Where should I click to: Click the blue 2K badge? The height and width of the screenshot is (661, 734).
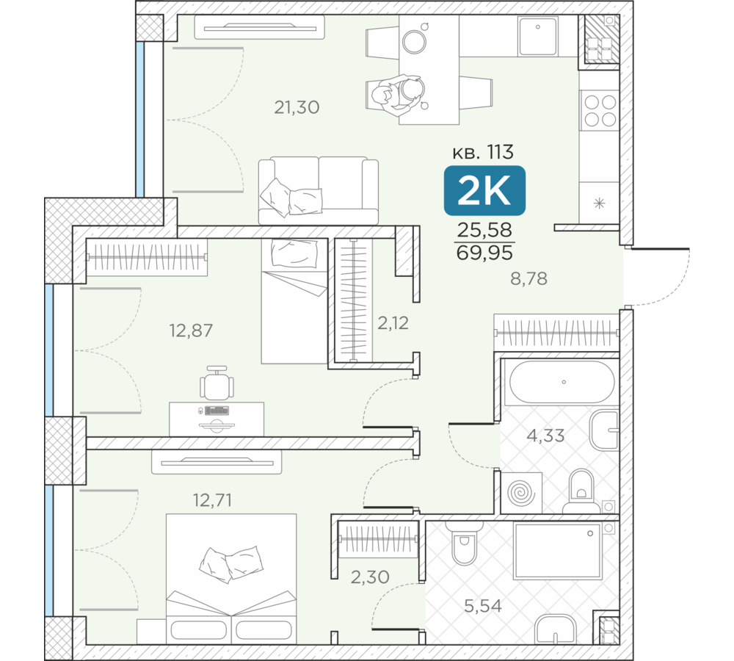[484, 191]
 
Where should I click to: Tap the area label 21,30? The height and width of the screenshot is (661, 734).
[297, 107]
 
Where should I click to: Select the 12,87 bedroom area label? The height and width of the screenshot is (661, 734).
[191, 330]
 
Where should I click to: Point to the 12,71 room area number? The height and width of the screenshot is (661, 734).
[213, 500]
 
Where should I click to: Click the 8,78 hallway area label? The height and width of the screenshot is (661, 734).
[528, 279]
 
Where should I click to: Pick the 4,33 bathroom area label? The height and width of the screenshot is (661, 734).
[545, 436]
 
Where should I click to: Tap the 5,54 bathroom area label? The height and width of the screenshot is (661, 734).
[483, 606]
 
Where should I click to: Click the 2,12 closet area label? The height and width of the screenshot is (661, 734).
[393, 322]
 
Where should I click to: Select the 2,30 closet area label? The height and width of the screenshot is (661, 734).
[370, 577]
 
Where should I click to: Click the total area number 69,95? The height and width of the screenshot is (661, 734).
[484, 253]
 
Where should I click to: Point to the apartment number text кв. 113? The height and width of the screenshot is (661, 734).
[483, 152]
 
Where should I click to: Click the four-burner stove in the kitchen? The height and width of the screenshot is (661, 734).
[600, 111]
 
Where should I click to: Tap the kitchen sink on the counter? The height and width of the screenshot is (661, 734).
[538, 37]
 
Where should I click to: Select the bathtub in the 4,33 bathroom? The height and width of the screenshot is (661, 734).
[562, 382]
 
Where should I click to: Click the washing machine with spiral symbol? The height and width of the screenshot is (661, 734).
[521, 493]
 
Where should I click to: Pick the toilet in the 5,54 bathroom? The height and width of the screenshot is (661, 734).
[464, 543]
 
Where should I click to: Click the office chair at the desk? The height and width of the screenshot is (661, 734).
[217, 383]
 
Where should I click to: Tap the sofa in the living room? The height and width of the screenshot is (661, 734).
[319, 191]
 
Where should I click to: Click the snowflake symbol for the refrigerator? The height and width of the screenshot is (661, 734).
[599, 203]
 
